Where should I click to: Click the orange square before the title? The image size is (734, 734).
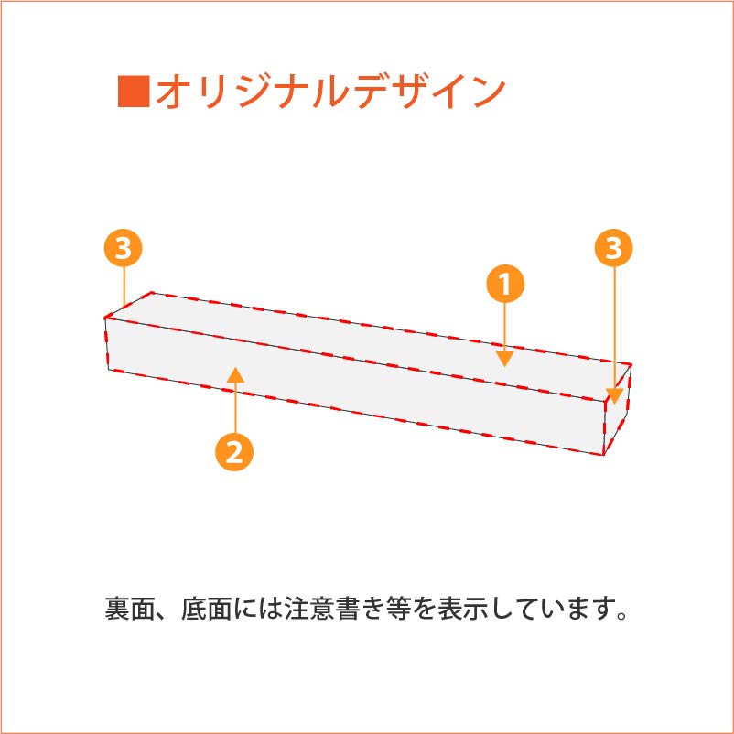[134, 91]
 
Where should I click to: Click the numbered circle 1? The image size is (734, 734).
[505, 284]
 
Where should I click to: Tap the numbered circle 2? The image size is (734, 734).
[234, 452]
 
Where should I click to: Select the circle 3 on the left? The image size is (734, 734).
[124, 248]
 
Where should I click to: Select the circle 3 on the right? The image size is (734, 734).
[614, 248]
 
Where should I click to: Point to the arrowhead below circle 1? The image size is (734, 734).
[505, 359]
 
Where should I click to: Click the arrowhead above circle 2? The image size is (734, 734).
[235, 375]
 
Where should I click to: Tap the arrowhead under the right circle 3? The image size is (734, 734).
[615, 396]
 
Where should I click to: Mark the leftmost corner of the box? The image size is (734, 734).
[105, 318]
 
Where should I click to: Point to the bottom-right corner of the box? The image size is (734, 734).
[603, 455]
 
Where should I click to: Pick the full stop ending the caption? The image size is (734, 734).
[622, 616]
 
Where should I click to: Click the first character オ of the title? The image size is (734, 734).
[175, 91]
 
